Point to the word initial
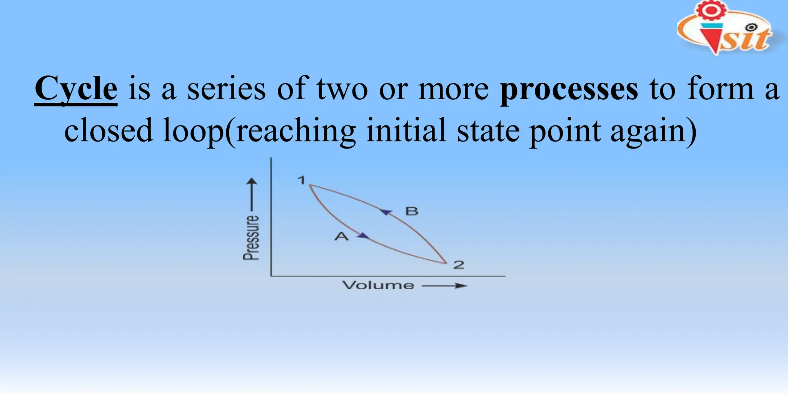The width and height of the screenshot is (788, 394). click(406, 130)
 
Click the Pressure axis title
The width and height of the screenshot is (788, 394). click(251, 237)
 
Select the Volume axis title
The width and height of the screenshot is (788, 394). click(378, 285)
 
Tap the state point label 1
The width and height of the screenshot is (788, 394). click(301, 180)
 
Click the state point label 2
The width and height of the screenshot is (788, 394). click(459, 265)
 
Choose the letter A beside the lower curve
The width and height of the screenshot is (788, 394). click(341, 236)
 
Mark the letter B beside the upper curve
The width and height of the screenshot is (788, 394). click(412, 211)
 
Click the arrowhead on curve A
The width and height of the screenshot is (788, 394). click(363, 236)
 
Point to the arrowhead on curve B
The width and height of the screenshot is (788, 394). click(386, 212)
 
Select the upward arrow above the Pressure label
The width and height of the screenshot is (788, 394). click(252, 194)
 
